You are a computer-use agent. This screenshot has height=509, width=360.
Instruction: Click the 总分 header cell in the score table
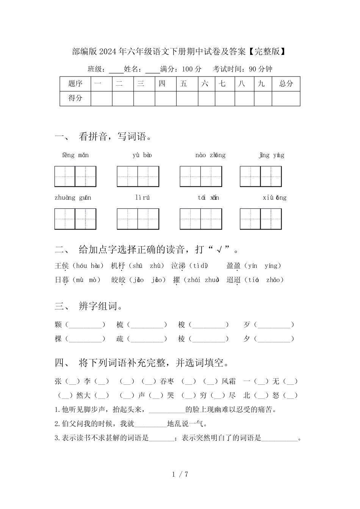(286, 84)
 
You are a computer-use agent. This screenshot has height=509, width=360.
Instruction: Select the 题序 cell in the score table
(75, 84)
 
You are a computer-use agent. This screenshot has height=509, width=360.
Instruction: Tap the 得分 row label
(75, 98)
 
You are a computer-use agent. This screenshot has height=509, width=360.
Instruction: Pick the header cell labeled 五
(184, 84)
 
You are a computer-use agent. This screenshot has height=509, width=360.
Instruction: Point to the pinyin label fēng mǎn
(75, 155)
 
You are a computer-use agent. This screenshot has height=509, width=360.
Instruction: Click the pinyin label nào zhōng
(210, 155)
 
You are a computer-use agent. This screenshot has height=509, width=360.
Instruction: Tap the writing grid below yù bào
(138, 176)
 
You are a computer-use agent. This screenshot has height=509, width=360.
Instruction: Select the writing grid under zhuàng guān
(75, 219)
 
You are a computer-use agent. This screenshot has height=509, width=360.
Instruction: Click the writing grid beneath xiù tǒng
(261, 219)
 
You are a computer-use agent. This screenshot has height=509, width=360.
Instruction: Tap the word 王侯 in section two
(61, 266)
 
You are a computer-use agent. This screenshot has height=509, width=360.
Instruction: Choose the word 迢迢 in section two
(233, 280)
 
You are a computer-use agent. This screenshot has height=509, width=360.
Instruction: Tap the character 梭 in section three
(182, 325)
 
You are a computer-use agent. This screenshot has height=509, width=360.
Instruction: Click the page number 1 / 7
(180, 474)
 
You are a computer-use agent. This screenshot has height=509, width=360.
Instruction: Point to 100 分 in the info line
(192, 69)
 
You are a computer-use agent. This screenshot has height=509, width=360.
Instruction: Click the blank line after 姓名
(152, 70)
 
